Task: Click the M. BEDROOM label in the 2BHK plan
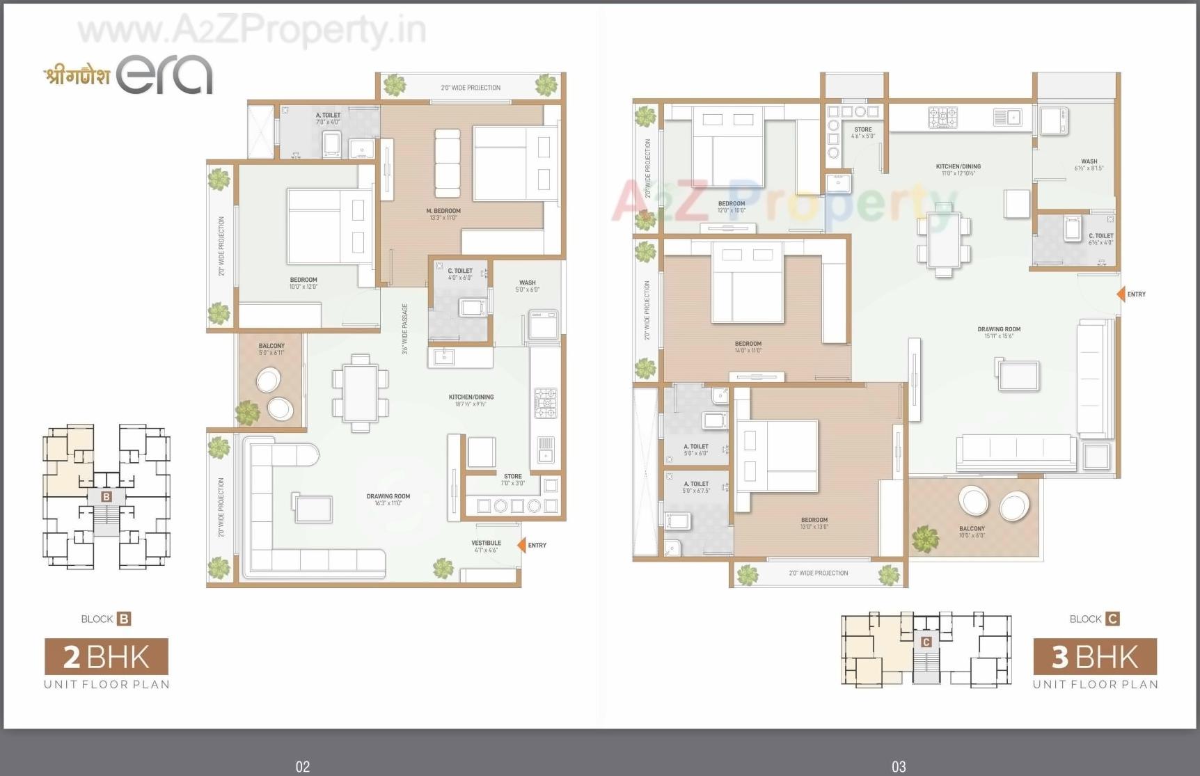(x=443, y=214)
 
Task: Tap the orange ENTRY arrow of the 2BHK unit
(x=521, y=545)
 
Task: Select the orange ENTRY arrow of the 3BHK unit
(x=1121, y=294)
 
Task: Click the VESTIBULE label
(x=486, y=546)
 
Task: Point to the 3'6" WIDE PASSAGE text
(x=405, y=328)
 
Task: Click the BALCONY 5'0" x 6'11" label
(x=271, y=349)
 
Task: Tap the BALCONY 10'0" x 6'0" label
(x=972, y=532)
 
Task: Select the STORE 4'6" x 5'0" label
(x=862, y=132)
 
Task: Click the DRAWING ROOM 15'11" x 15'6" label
(x=999, y=333)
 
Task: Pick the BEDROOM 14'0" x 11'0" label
(x=748, y=347)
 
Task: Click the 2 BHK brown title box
(x=106, y=657)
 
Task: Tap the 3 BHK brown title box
(x=1095, y=657)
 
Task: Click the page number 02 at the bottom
(x=302, y=766)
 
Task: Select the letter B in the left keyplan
(x=106, y=496)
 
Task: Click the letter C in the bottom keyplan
(x=926, y=642)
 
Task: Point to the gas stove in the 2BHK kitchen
(x=545, y=403)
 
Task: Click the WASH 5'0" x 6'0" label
(x=527, y=286)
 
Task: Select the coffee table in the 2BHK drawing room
(x=313, y=507)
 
